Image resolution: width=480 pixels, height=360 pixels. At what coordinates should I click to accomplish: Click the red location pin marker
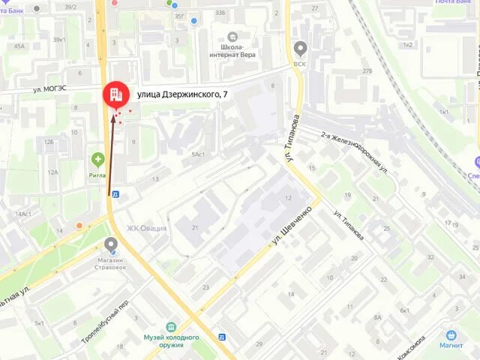coord(115,94)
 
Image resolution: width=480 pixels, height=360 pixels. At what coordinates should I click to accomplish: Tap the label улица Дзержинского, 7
coord(182,94)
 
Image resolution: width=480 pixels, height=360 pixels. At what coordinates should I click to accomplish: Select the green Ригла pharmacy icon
coord(97,159)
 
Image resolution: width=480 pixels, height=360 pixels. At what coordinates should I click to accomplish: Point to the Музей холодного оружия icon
coord(172,328)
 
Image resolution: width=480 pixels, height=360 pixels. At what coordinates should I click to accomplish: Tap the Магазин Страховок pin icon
coord(112,244)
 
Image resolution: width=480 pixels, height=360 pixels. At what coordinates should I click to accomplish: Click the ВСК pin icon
coord(301,49)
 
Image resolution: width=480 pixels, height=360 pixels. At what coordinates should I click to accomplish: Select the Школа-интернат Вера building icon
coord(233,37)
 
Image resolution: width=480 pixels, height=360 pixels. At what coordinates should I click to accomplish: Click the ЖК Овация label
coord(146,228)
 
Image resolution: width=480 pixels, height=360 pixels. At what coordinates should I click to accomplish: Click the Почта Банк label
coord(457,3)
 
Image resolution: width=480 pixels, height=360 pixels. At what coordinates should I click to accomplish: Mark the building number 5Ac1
coord(198,154)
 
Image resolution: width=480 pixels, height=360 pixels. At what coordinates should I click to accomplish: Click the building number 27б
coord(367,70)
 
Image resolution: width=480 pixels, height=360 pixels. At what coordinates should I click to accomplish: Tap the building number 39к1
coord(60,39)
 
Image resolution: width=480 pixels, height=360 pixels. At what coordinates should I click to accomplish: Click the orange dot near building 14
coord(79,225)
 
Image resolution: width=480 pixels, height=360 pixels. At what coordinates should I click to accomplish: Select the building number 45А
coord(18,46)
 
